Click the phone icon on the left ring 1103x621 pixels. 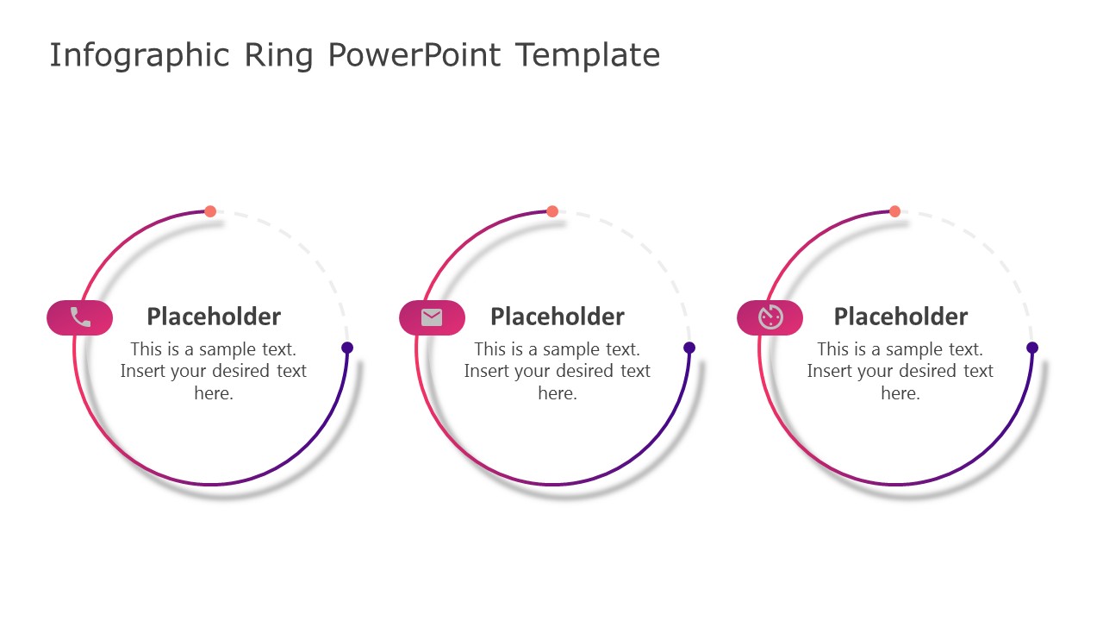tap(80, 317)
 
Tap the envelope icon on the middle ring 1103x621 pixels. tap(432, 317)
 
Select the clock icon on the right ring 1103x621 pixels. tap(770, 317)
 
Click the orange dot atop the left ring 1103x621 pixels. tap(210, 211)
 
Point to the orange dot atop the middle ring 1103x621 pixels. tap(552, 211)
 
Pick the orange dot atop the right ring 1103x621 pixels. tap(894, 211)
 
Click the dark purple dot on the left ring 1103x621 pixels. tap(347, 348)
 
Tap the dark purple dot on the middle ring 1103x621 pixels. tap(689, 348)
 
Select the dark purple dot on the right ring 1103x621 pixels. tap(1032, 348)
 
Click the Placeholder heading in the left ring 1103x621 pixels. tap(214, 317)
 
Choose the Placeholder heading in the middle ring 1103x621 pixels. tap(557, 317)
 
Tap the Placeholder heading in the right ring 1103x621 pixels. tap(900, 317)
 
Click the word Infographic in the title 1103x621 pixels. tap(140, 55)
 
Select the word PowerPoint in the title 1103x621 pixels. tap(414, 55)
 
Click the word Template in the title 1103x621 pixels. tap(588, 55)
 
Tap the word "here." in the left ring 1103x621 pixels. tap(214, 393)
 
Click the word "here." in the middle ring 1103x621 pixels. tap(558, 393)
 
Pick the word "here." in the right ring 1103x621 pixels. tap(900, 393)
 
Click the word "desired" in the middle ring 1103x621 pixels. tap(579, 371)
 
